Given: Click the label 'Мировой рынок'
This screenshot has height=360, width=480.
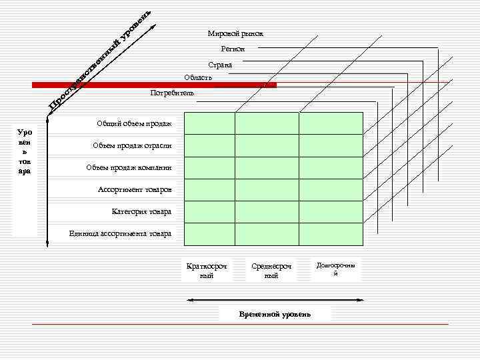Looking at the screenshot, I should pos(235,33).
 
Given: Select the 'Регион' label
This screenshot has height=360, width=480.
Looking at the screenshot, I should pos(233,49).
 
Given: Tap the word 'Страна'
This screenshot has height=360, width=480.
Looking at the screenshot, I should pos(220,65).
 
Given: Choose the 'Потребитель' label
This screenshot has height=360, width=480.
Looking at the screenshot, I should pos(173,93).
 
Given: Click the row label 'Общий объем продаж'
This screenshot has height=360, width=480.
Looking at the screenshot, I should pos(134,123).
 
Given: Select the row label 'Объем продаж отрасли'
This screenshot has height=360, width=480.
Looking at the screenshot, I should pos(132,145).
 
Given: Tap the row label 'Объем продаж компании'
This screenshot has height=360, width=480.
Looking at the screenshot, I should pos(129,167).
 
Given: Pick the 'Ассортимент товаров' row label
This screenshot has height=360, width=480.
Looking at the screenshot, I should pos(135,189).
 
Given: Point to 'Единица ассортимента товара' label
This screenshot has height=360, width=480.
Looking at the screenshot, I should pos(120,233).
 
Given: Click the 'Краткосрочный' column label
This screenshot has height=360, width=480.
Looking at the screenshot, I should pos(207,271).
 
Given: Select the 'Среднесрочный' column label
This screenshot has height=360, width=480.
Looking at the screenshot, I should pos(271,271).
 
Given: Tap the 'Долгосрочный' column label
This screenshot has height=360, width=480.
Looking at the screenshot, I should pos(336,269).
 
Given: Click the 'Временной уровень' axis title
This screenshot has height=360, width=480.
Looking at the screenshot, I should pos(275,314).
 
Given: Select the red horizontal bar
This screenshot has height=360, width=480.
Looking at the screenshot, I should pos(154,85).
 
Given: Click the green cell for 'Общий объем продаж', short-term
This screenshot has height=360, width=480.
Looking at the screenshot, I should pos(209,123).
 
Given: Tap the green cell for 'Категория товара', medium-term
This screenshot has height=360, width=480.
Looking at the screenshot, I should pos(267,211).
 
